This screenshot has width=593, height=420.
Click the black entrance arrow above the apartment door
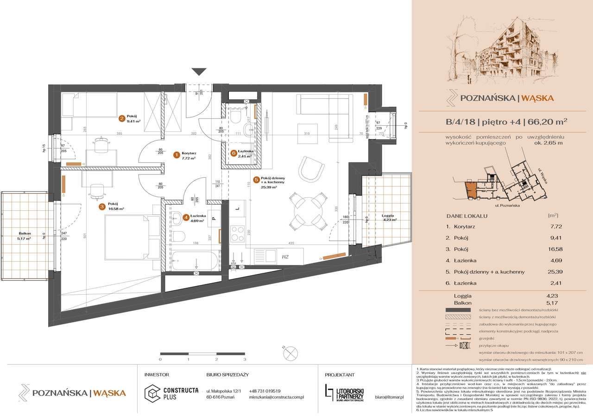[x=199, y=71]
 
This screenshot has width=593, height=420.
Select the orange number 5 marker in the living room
[x=256, y=181]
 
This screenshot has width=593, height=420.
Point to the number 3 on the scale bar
[x=245, y=359]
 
